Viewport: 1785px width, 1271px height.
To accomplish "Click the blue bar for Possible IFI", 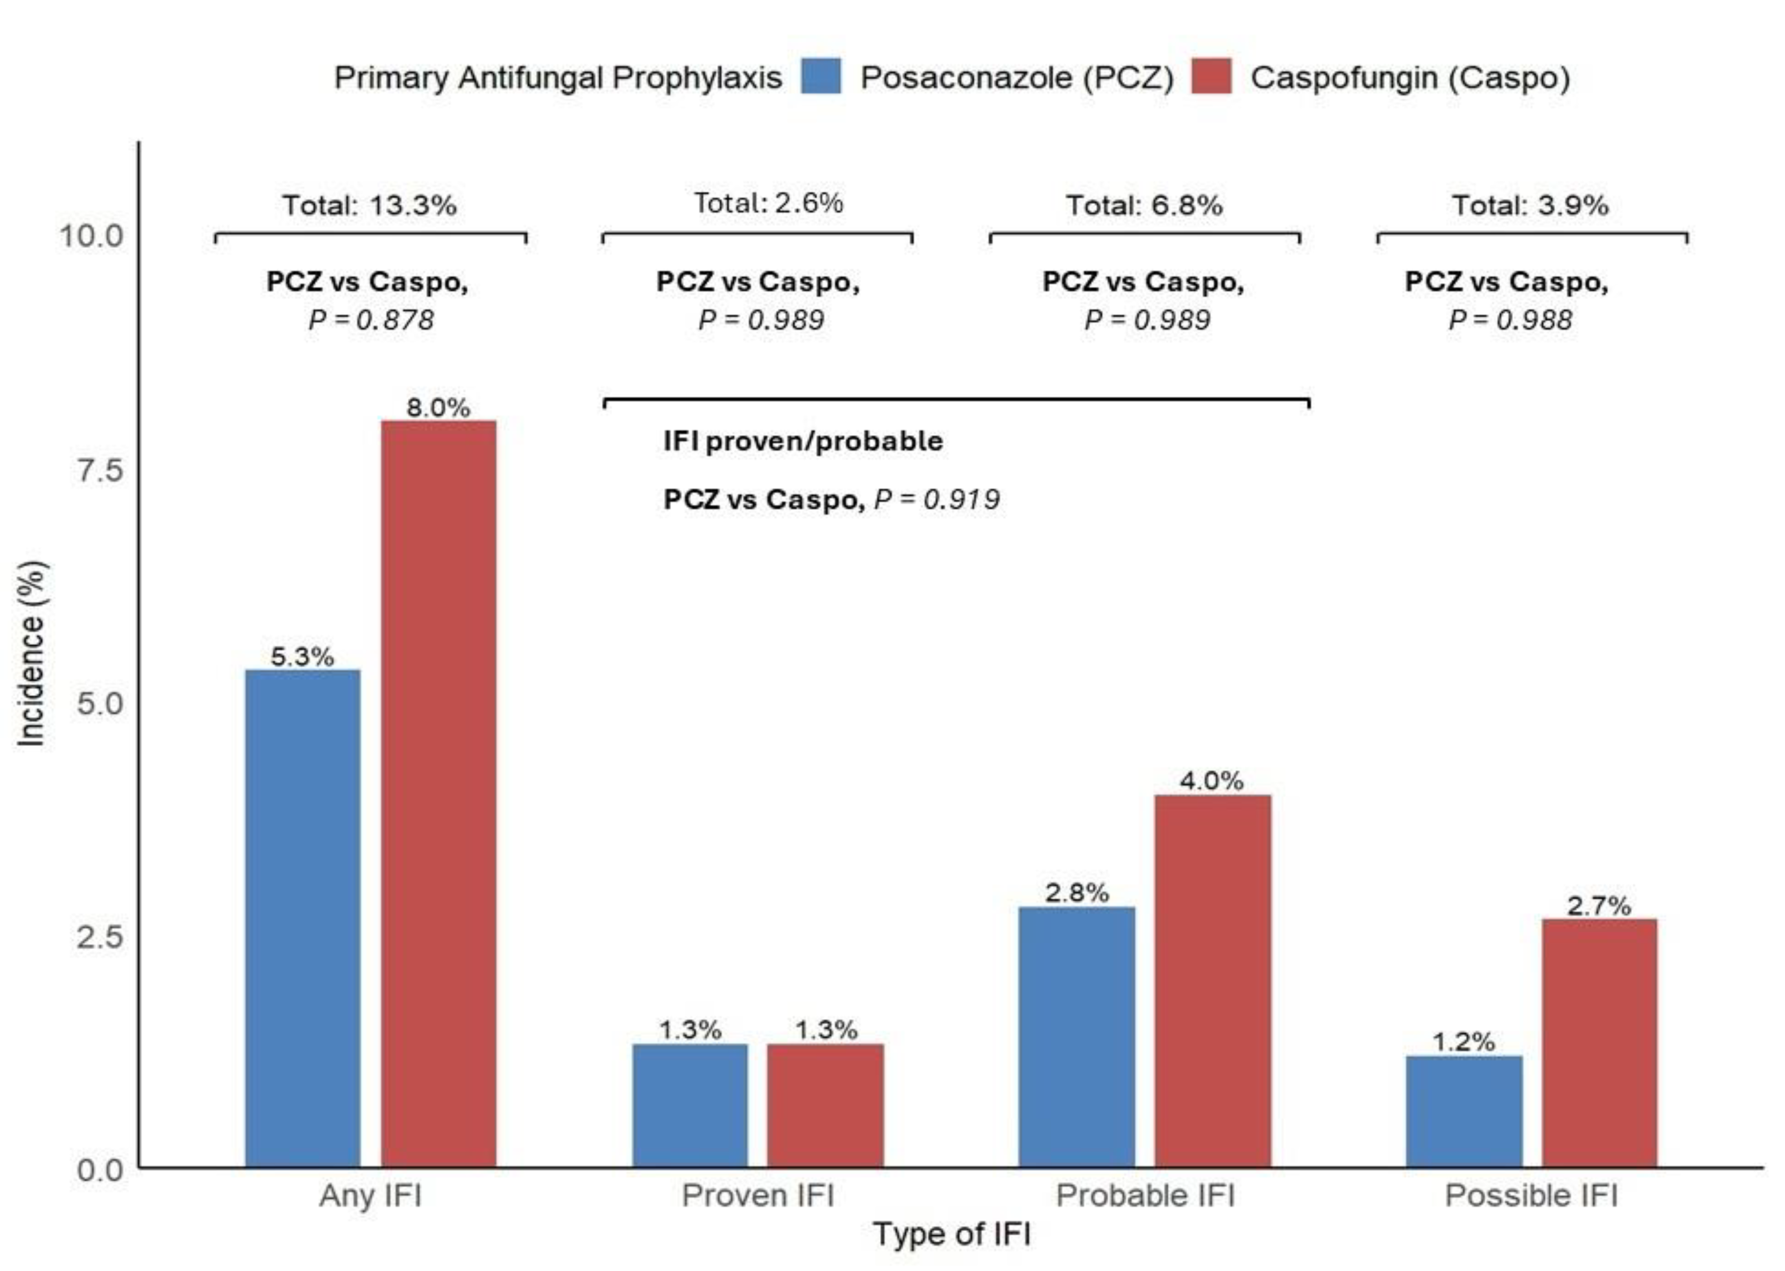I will [1464, 1111].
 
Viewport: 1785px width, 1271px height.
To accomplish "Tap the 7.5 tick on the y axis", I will [100, 470].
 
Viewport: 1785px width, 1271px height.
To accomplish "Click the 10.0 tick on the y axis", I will [92, 236].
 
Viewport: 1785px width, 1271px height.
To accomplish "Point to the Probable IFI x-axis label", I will [1145, 1195].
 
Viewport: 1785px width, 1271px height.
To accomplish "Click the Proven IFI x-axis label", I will [757, 1195].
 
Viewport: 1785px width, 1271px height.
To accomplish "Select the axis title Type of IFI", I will [951, 1234].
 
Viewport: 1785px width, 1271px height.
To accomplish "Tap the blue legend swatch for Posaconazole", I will [821, 77].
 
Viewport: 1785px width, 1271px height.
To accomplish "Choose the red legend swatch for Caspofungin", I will [1211, 77].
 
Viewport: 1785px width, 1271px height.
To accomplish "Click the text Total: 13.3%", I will [369, 206].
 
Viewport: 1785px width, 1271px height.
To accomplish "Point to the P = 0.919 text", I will [936, 499].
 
